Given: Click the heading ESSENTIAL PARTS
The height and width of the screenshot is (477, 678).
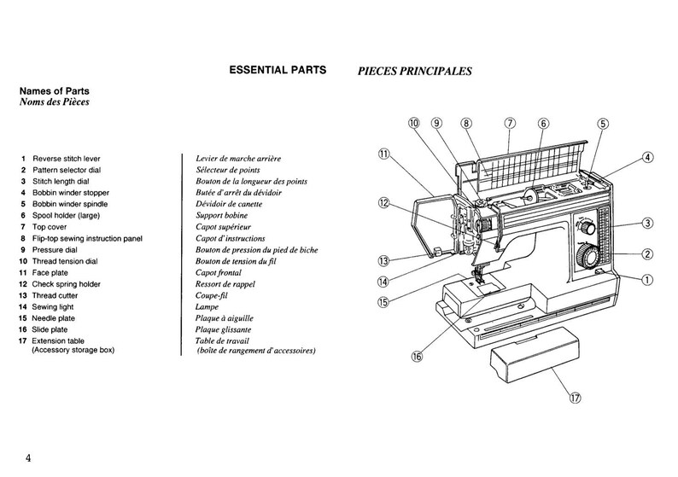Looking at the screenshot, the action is (278, 70).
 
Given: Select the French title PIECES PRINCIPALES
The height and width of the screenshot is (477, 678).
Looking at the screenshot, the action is (414, 72).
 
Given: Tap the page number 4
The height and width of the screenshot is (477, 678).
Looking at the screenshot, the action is (28, 458).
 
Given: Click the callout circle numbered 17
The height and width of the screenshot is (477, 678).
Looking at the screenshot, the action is (576, 398).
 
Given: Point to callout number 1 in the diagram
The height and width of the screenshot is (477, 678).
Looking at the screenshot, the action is (647, 280).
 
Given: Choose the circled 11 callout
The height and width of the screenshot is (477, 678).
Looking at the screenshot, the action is (384, 154).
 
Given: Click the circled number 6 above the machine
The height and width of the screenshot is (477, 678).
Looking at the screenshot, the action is (543, 124).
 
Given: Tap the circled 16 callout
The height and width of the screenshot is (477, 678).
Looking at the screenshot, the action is (417, 357).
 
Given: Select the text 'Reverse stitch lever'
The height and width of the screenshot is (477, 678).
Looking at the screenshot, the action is (66, 159).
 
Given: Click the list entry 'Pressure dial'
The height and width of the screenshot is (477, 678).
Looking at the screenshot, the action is (55, 250).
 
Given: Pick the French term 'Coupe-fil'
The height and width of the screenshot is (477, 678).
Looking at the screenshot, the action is (212, 295).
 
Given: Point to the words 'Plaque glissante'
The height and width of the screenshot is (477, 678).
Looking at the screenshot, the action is (223, 329).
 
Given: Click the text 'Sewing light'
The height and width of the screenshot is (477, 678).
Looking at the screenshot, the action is (53, 307).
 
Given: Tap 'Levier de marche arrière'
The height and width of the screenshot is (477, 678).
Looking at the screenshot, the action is (238, 159).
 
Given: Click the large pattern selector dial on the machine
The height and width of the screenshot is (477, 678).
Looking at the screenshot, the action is (587, 256).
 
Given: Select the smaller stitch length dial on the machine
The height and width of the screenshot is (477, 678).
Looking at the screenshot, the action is (587, 227).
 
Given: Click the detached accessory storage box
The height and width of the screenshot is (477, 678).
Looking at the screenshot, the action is (535, 354).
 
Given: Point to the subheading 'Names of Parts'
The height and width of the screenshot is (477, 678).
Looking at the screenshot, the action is (55, 91).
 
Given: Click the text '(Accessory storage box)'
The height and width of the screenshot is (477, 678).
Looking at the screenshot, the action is (73, 350).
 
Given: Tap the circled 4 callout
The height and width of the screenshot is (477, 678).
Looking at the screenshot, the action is (647, 158).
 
